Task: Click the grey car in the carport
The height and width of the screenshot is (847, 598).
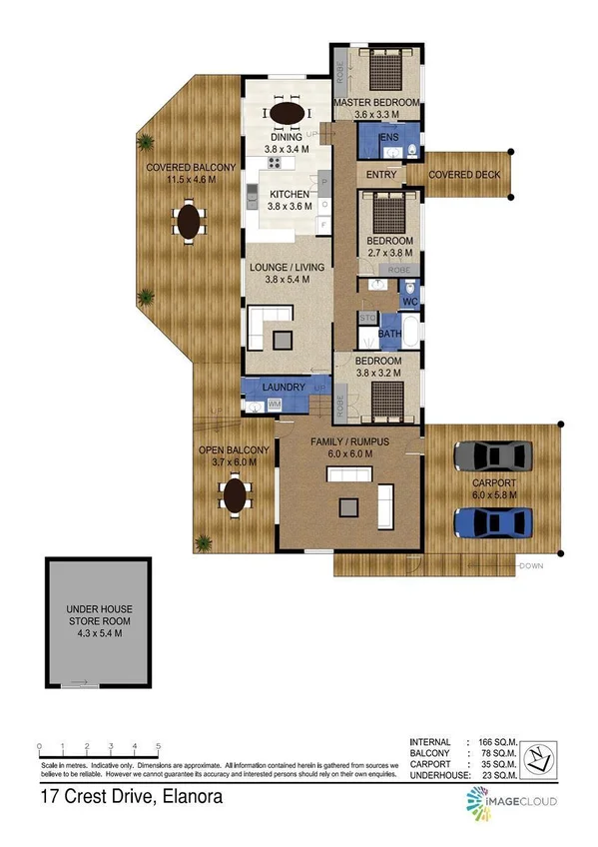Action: pyautogui.click(x=491, y=456)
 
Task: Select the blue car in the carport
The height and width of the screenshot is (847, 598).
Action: pyautogui.click(x=491, y=521)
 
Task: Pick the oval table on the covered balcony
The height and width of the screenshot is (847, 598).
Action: pyautogui.click(x=189, y=221)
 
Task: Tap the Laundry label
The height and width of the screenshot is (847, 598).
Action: pyautogui.click(x=282, y=388)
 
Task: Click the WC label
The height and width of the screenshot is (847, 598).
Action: pyautogui.click(x=409, y=301)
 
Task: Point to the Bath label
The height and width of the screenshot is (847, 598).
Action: pyautogui.click(x=388, y=335)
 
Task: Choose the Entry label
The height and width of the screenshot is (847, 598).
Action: pyautogui.click(x=381, y=176)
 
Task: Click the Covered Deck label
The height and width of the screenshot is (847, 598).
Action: pyautogui.click(x=464, y=176)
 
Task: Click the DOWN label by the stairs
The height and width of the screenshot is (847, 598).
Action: pyautogui.click(x=531, y=567)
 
